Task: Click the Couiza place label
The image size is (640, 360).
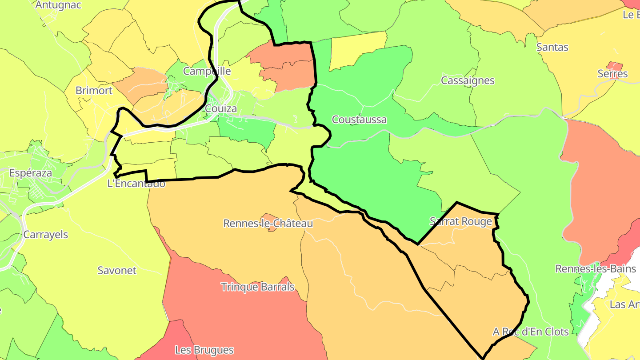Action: (x=221, y=108)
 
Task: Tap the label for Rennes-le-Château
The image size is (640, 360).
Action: (x=268, y=224)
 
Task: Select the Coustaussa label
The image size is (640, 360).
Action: (x=359, y=120)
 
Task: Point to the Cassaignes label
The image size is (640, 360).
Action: (x=468, y=80)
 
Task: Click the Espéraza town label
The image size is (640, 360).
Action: (x=31, y=173)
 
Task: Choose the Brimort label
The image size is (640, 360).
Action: (x=94, y=90)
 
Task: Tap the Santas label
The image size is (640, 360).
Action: (x=552, y=47)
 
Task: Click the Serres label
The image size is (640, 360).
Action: (x=612, y=74)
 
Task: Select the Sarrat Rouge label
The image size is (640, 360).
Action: (x=461, y=221)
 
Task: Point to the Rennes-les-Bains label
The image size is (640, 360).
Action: (x=596, y=269)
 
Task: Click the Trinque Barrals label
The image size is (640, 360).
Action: (x=258, y=287)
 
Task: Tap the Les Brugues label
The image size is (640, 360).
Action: (x=204, y=350)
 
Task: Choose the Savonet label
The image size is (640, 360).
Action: (x=117, y=270)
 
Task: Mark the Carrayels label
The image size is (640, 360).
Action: (x=46, y=235)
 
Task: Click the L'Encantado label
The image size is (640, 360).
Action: (x=136, y=183)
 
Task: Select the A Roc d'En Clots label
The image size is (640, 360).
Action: (x=531, y=332)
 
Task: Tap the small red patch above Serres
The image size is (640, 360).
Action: (x=616, y=65)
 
